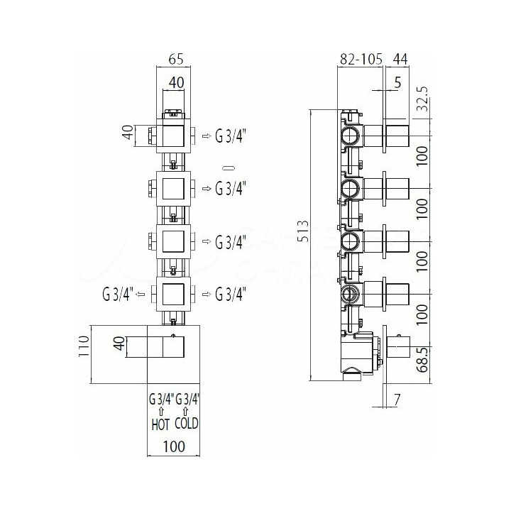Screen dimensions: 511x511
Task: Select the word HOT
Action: [x=160, y=424]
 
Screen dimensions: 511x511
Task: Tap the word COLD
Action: [x=187, y=424]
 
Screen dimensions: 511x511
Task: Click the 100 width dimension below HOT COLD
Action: [x=174, y=446]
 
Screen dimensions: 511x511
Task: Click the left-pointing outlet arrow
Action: [x=141, y=293]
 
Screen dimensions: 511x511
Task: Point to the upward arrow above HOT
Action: [x=160, y=410]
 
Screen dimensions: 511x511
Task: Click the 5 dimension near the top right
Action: [x=397, y=83]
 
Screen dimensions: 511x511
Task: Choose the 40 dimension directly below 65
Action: [x=175, y=83]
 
